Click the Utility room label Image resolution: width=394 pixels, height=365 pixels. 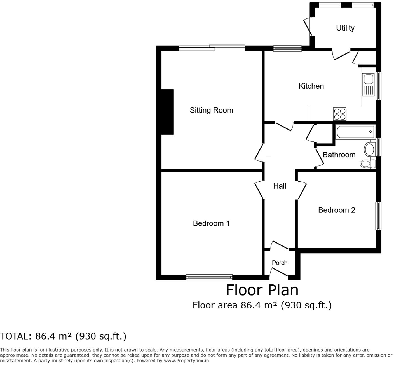(345, 28)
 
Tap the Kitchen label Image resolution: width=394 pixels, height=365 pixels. (311, 86)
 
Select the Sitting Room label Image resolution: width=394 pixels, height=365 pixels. (211, 110)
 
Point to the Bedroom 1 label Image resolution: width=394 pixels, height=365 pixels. (211, 223)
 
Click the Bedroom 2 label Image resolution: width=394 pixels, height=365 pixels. (336, 210)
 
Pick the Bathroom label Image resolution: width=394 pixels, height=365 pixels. (339, 155)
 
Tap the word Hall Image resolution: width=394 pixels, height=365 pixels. (280, 186)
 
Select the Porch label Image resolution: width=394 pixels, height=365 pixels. (280, 263)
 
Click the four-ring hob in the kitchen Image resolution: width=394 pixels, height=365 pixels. (340, 114)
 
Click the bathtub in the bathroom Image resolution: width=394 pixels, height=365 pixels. (355, 132)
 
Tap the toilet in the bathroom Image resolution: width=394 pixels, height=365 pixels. (367, 163)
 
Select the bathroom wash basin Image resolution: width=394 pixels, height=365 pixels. (370, 149)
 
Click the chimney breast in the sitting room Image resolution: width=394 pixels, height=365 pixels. (168, 112)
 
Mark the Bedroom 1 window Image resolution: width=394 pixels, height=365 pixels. (209, 277)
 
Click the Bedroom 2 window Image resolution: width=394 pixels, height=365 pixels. (378, 216)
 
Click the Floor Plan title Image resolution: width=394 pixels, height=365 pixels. (262, 290)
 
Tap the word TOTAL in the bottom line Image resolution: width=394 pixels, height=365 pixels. (15, 336)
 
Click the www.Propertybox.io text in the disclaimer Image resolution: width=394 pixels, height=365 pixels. (186, 361)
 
